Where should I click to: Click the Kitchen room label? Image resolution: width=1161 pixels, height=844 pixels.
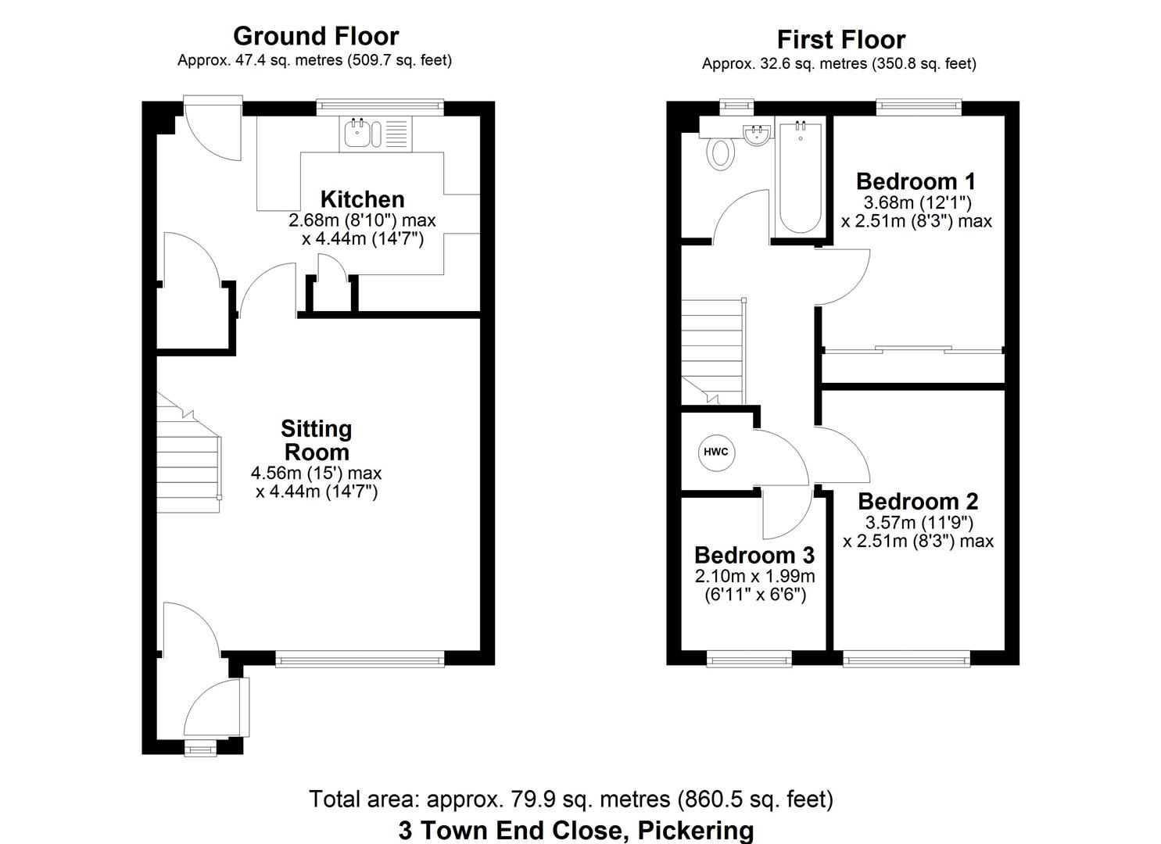click(x=362, y=198)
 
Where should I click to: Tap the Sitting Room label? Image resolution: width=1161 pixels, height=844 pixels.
click(x=317, y=440)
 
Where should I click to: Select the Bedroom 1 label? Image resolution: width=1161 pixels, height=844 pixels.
click(x=916, y=181)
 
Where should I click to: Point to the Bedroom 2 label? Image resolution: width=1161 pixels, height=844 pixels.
click(x=918, y=501)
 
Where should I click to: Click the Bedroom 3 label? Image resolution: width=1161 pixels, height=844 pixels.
click(x=754, y=555)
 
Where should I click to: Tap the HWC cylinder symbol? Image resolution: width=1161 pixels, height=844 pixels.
click(x=716, y=452)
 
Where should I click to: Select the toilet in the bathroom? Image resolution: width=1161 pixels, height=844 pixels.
click(x=721, y=152)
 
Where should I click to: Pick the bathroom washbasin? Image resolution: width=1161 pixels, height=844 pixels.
click(x=757, y=134)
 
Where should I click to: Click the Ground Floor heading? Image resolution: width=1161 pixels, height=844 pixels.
click(x=316, y=36)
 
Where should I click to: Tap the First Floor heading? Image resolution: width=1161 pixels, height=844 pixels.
click(x=840, y=39)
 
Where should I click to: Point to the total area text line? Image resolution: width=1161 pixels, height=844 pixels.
click(x=571, y=799)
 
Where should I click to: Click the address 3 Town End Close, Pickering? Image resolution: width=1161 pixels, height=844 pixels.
click(x=575, y=829)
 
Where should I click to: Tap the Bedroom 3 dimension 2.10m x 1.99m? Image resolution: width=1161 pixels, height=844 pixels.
click(x=754, y=577)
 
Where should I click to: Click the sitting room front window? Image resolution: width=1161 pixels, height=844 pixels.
click(x=360, y=661)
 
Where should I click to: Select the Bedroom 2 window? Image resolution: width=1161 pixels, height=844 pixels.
click(x=907, y=661)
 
